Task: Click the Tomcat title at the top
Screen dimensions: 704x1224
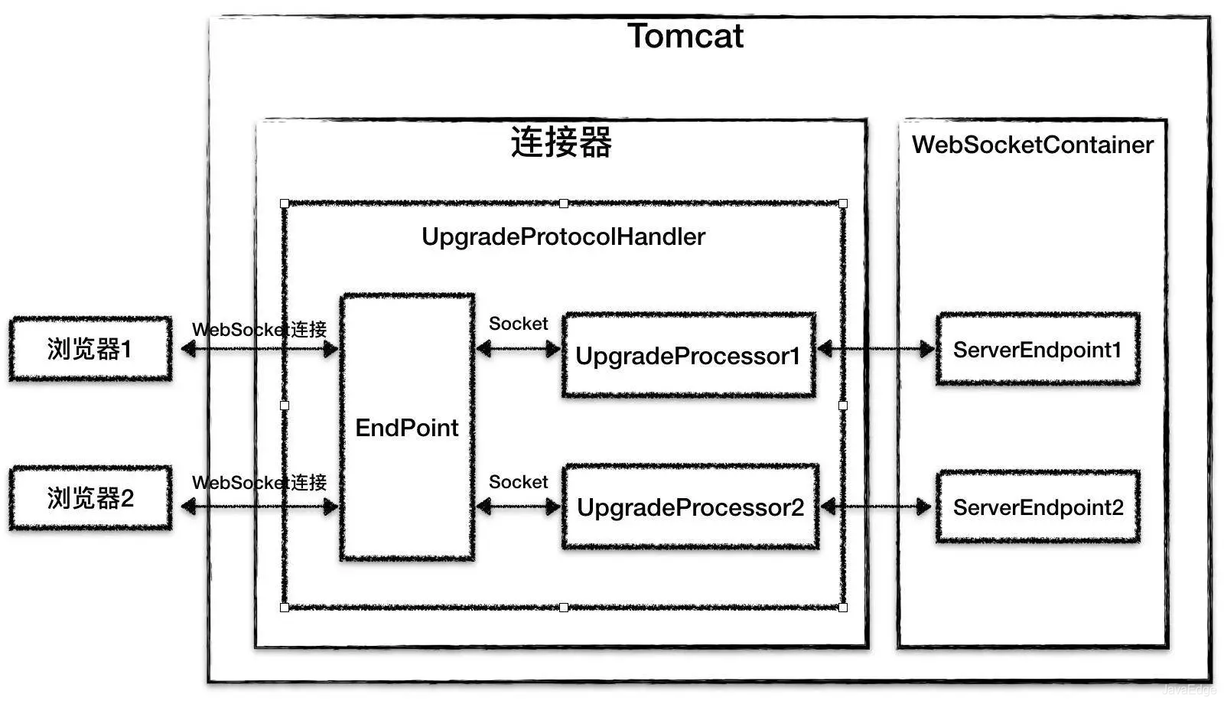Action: [x=685, y=37]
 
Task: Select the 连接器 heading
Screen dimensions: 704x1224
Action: [x=562, y=143]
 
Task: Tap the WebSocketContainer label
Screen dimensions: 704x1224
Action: [x=1032, y=145]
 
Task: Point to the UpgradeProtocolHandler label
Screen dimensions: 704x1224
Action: [x=563, y=236]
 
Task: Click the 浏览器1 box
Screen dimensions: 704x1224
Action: [x=90, y=349]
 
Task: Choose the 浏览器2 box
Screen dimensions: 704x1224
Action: [x=90, y=498]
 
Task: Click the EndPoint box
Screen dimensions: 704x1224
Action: [x=407, y=427]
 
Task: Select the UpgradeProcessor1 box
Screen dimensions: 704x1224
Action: [x=688, y=355]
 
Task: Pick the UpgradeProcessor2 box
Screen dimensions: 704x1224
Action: [x=690, y=507]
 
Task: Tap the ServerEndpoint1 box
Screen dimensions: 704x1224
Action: [x=1037, y=350]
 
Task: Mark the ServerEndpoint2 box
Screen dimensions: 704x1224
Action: [x=1037, y=507]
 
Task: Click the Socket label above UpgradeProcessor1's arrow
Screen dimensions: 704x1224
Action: [x=518, y=324]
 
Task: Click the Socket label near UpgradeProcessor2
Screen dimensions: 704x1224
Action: [x=518, y=482]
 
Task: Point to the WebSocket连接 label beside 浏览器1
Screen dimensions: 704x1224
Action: [x=259, y=330]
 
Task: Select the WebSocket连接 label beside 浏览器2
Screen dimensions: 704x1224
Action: [x=259, y=483]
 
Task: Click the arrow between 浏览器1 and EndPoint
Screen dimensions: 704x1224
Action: [x=260, y=350]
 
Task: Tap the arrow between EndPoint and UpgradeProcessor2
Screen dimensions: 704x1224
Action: [x=518, y=506]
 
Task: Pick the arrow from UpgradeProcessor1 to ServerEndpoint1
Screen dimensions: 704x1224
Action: [x=876, y=350]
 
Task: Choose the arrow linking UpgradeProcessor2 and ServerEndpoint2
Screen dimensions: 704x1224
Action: [x=876, y=506]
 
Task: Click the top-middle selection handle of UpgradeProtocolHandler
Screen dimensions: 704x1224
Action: [x=564, y=204]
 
